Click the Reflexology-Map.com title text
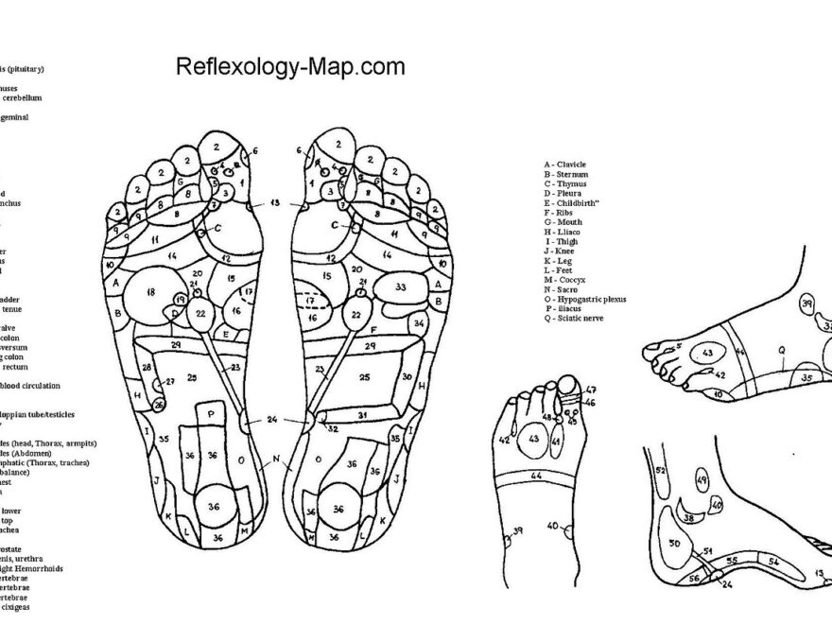coord(290,67)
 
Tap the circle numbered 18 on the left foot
coord(149,293)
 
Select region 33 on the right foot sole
coord(401,286)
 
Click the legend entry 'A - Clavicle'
coord(565,165)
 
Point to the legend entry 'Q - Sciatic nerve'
coord(580,319)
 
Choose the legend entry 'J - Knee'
coord(563,251)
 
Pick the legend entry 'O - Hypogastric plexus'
coord(585,299)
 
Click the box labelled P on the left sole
coord(211,414)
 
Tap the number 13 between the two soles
coord(275,203)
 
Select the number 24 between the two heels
coord(272,419)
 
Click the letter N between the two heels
coord(275,460)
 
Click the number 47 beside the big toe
coord(591,390)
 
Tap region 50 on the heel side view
coord(674,544)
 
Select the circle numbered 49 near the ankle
coord(702,480)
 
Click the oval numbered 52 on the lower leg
coord(661,470)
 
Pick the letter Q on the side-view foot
coord(782,349)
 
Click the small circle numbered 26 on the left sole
coord(159,406)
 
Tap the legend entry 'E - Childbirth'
coord(575,202)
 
